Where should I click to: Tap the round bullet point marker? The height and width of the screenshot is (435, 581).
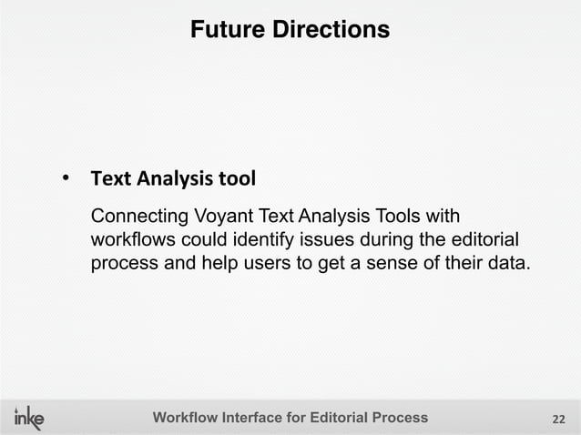tap(66, 177)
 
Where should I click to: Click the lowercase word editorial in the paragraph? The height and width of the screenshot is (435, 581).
tap(484, 241)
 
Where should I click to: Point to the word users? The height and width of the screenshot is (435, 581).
tap(247, 265)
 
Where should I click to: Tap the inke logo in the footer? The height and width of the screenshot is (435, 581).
tap(29, 418)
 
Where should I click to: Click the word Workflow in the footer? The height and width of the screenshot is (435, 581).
tap(186, 418)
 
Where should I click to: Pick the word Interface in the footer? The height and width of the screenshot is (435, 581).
tap(258, 418)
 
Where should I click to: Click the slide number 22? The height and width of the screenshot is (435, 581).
tap(559, 419)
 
